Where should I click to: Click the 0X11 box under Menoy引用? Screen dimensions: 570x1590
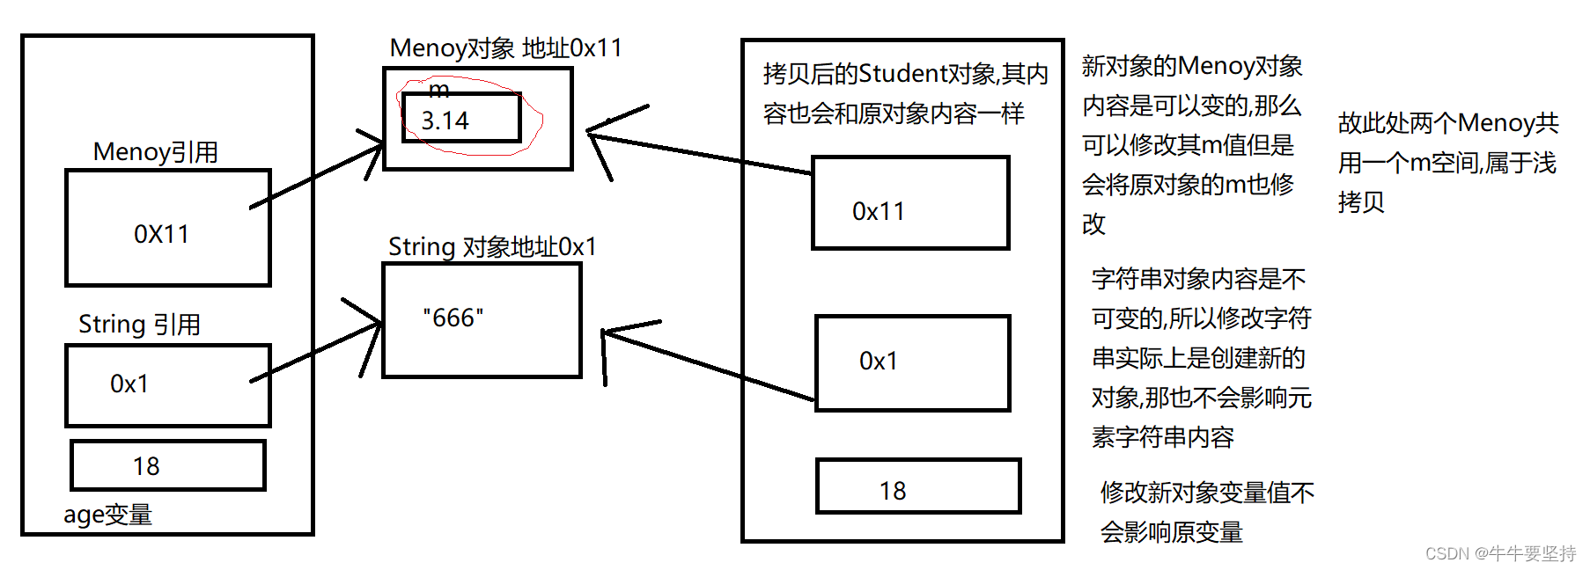tap(167, 229)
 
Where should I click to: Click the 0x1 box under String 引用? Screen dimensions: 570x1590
tap(167, 385)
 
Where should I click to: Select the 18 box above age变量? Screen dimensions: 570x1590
tap(167, 465)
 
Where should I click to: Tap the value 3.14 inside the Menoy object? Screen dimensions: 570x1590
tap(445, 121)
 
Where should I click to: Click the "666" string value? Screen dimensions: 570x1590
tap(453, 318)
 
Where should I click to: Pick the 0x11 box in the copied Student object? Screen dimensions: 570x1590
tap(910, 203)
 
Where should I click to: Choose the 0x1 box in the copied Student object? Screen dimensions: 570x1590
tap(912, 362)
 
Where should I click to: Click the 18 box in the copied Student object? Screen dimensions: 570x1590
tap(917, 486)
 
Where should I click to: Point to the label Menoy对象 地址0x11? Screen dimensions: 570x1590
tap(505, 48)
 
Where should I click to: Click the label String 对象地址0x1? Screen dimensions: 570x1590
tap(492, 247)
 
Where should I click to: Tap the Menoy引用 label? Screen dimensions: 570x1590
tap(156, 152)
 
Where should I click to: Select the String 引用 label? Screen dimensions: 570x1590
tap(139, 325)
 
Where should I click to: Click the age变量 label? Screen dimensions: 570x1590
tap(107, 515)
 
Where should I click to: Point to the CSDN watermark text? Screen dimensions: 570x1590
tap(1500, 553)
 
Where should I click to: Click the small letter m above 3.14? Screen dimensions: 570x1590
tap(438, 90)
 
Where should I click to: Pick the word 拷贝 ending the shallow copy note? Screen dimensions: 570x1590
tap(1361, 202)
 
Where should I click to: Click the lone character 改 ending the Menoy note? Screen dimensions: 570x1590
tap(1093, 224)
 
